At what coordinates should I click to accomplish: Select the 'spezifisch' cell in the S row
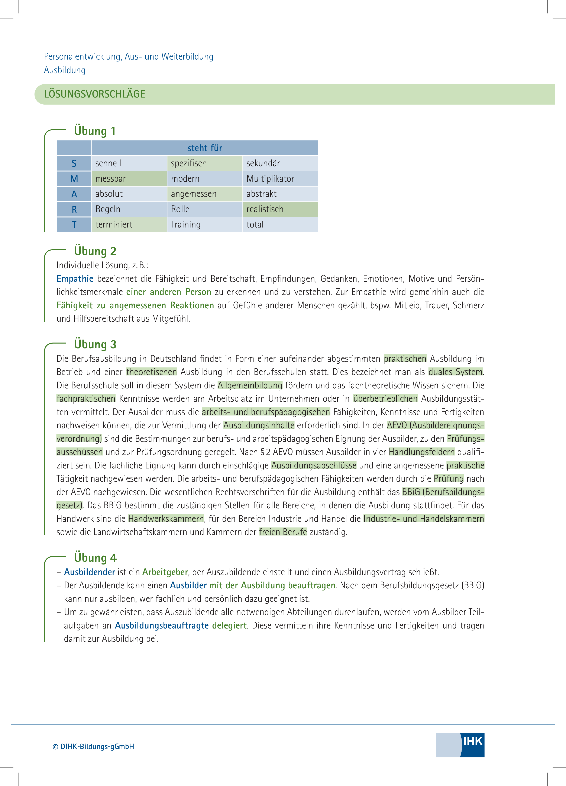pyautogui.click(x=205, y=163)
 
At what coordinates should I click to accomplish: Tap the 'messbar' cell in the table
pyautogui.click(x=129, y=178)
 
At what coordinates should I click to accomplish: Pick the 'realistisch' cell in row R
pyautogui.click(x=280, y=209)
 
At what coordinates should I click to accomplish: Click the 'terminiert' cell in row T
pyautogui.click(x=129, y=224)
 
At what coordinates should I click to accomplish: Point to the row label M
pyautogui.click(x=74, y=178)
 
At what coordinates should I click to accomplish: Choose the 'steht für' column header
pyautogui.click(x=205, y=148)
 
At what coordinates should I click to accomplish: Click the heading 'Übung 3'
pyautogui.click(x=95, y=344)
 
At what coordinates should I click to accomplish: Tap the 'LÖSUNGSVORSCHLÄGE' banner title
pyautogui.click(x=94, y=94)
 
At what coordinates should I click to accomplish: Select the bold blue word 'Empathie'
pyautogui.click(x=75, y=279)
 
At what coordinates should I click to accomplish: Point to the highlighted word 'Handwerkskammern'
pyautogui.click(x=166, y=518)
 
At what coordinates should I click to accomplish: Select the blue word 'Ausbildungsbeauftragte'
pyautogui.click(x=162, y=625)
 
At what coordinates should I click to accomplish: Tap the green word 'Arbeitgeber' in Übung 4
pyautogui.click(x=165, y=572)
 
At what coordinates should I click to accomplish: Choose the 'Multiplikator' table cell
pyautogui.click(x=280, y=178)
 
